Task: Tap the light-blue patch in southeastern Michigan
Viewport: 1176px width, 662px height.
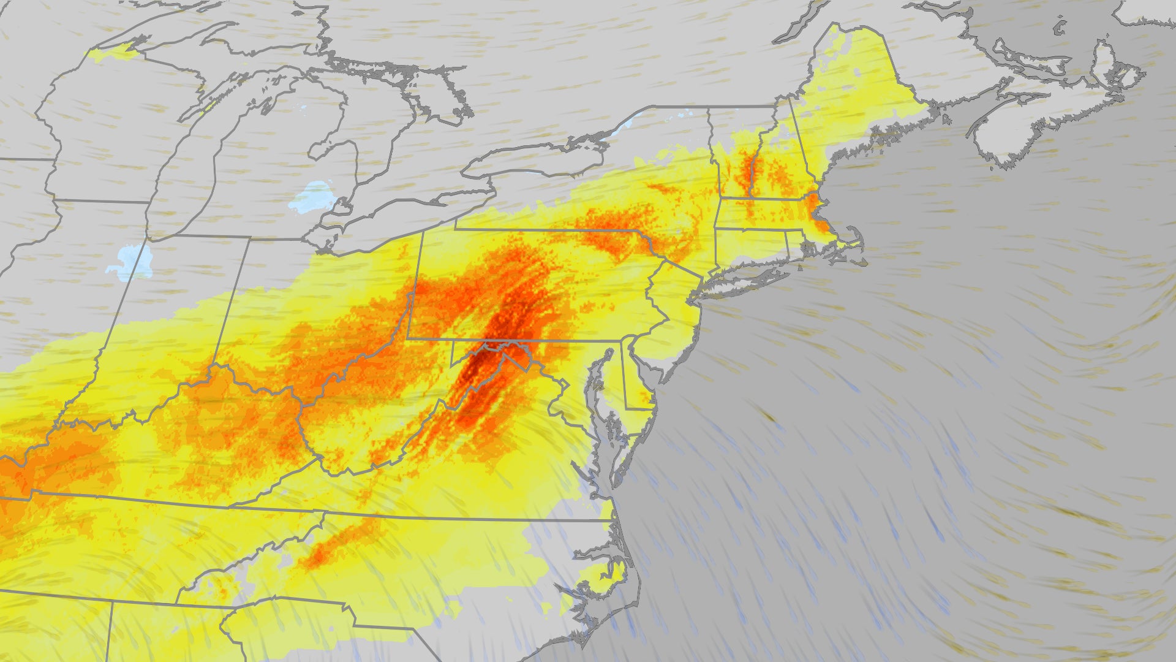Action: coord(312,196)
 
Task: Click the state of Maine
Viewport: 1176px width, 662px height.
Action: coord(858,92)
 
